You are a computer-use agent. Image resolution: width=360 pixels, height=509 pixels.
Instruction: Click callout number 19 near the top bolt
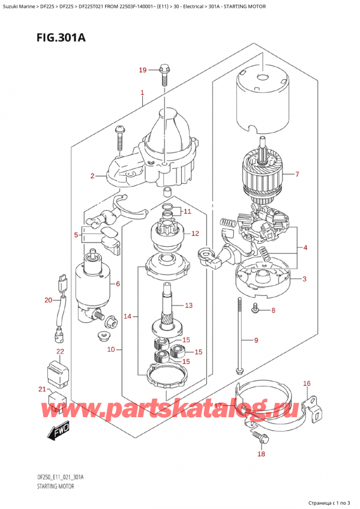[142, 70]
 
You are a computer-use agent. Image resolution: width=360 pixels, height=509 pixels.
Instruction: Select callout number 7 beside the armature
[298, 175]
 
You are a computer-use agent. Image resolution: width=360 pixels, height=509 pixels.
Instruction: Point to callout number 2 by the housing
[92, 175]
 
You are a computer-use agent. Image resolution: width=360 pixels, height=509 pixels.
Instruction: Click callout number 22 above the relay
[60, 351]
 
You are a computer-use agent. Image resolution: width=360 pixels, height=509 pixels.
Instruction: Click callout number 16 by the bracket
[307, 383]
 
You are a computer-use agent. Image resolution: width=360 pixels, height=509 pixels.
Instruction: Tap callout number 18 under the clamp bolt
[260, 454]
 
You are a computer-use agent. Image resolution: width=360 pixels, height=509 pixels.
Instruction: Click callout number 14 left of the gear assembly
[127, 316]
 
